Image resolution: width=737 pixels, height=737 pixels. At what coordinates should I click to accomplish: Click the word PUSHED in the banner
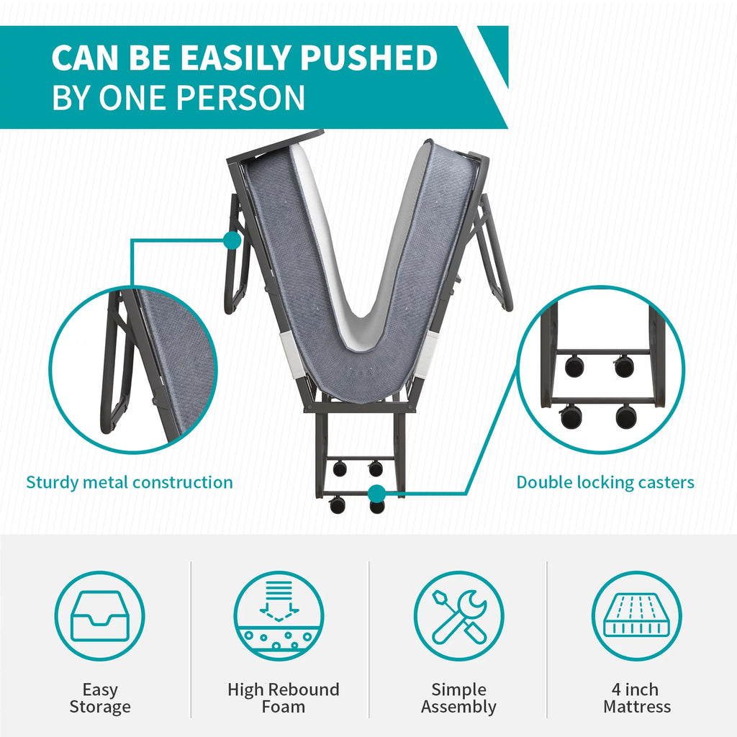tap(368, 58)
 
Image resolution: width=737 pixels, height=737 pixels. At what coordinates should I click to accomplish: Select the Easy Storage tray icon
tap(99, 616)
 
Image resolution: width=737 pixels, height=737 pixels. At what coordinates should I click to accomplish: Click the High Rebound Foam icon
tap(279, 616)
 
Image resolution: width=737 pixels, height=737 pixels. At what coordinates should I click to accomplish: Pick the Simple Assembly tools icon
tap(458, 616)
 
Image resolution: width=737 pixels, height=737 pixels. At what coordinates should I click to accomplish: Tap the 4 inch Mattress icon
tap(637, 616)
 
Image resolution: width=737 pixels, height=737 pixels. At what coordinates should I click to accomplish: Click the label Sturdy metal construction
tap(130, 483)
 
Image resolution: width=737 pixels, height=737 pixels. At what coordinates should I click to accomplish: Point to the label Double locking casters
tap(605, 483)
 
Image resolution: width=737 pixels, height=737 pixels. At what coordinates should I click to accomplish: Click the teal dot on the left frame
tap(232, 240)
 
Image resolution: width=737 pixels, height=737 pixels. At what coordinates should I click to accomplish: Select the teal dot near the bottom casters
tap(376, 494)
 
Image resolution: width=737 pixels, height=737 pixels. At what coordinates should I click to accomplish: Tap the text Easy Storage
tap(100, 698)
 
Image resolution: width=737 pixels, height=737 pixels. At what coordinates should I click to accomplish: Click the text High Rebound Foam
tap(284, 698)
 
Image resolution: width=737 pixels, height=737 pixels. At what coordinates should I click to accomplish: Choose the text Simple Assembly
tap(458, 698)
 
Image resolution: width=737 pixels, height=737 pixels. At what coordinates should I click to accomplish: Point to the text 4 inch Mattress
tap(637, 698)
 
